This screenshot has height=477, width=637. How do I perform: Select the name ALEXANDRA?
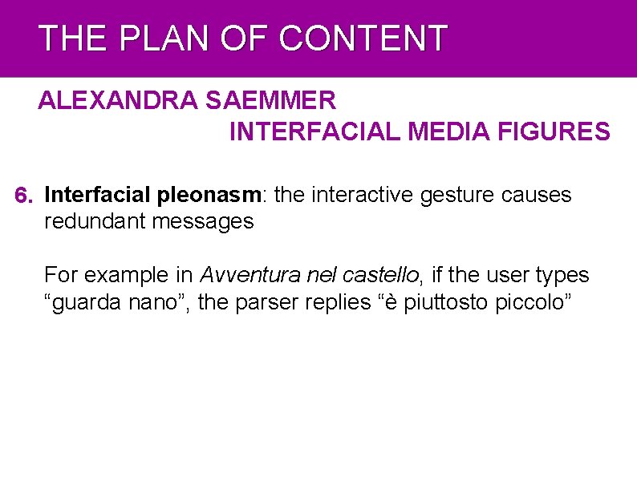(x=119, y=101)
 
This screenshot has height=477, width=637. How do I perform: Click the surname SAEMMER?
(x=271, y=101)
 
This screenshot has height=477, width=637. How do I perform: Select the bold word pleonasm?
(x=210, y=195)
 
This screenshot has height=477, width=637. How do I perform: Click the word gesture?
(x=454, y=195)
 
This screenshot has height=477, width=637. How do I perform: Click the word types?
(x=562, y=275)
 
